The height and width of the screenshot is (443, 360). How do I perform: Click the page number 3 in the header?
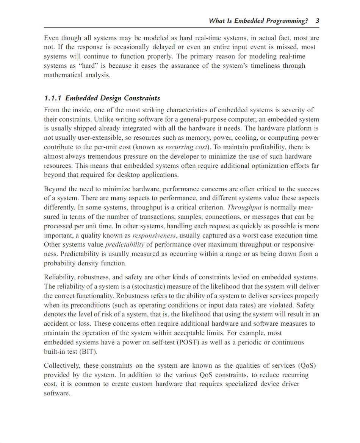tap(317, 21)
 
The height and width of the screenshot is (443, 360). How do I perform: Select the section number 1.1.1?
tap(53, 98)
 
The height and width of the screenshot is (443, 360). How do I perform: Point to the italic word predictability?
tap(125, 245)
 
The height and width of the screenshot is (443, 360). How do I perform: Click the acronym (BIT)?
tap(88, 351)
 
